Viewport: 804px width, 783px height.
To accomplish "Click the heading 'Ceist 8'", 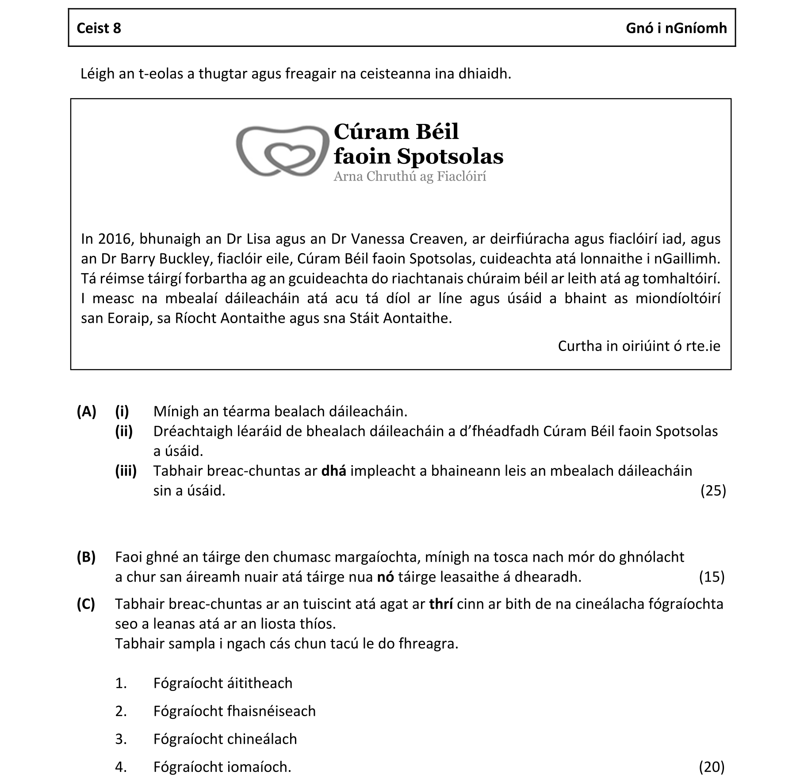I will pyautogui.click(x=99, y=28).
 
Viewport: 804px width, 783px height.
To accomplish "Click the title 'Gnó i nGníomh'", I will pyautogui.click(x=676, y=28).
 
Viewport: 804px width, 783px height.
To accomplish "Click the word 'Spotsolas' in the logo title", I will pyautogui.click(x=450, y=156).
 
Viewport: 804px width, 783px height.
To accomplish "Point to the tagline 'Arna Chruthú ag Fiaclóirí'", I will pyautogui.click(x=410, y=177).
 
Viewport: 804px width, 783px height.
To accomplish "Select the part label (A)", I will pyautogui.click(x=86, y=412).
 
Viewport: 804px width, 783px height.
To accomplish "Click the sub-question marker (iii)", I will pyautogui.click(x=126, y=471).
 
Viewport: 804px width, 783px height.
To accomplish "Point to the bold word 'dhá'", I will pyautogui.click(x=333, y=471).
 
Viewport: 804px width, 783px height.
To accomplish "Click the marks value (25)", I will pyautogui.click(x=713, y=490).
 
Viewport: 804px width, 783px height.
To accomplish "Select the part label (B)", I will pyautogui.click(x=86, y=557).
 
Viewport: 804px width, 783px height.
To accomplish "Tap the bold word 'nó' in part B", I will pyautogui.click(x=385, y=577).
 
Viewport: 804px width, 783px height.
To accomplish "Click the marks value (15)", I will pyautogui.click(x=712, y=577).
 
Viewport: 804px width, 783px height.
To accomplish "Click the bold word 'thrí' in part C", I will pyautogui.click(x=440, y=604).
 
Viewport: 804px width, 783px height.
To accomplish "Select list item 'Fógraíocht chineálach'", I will pyautogui.click(x=225, y=739).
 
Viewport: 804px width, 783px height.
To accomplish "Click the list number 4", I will pyautogui.click(x=121, y=767).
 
